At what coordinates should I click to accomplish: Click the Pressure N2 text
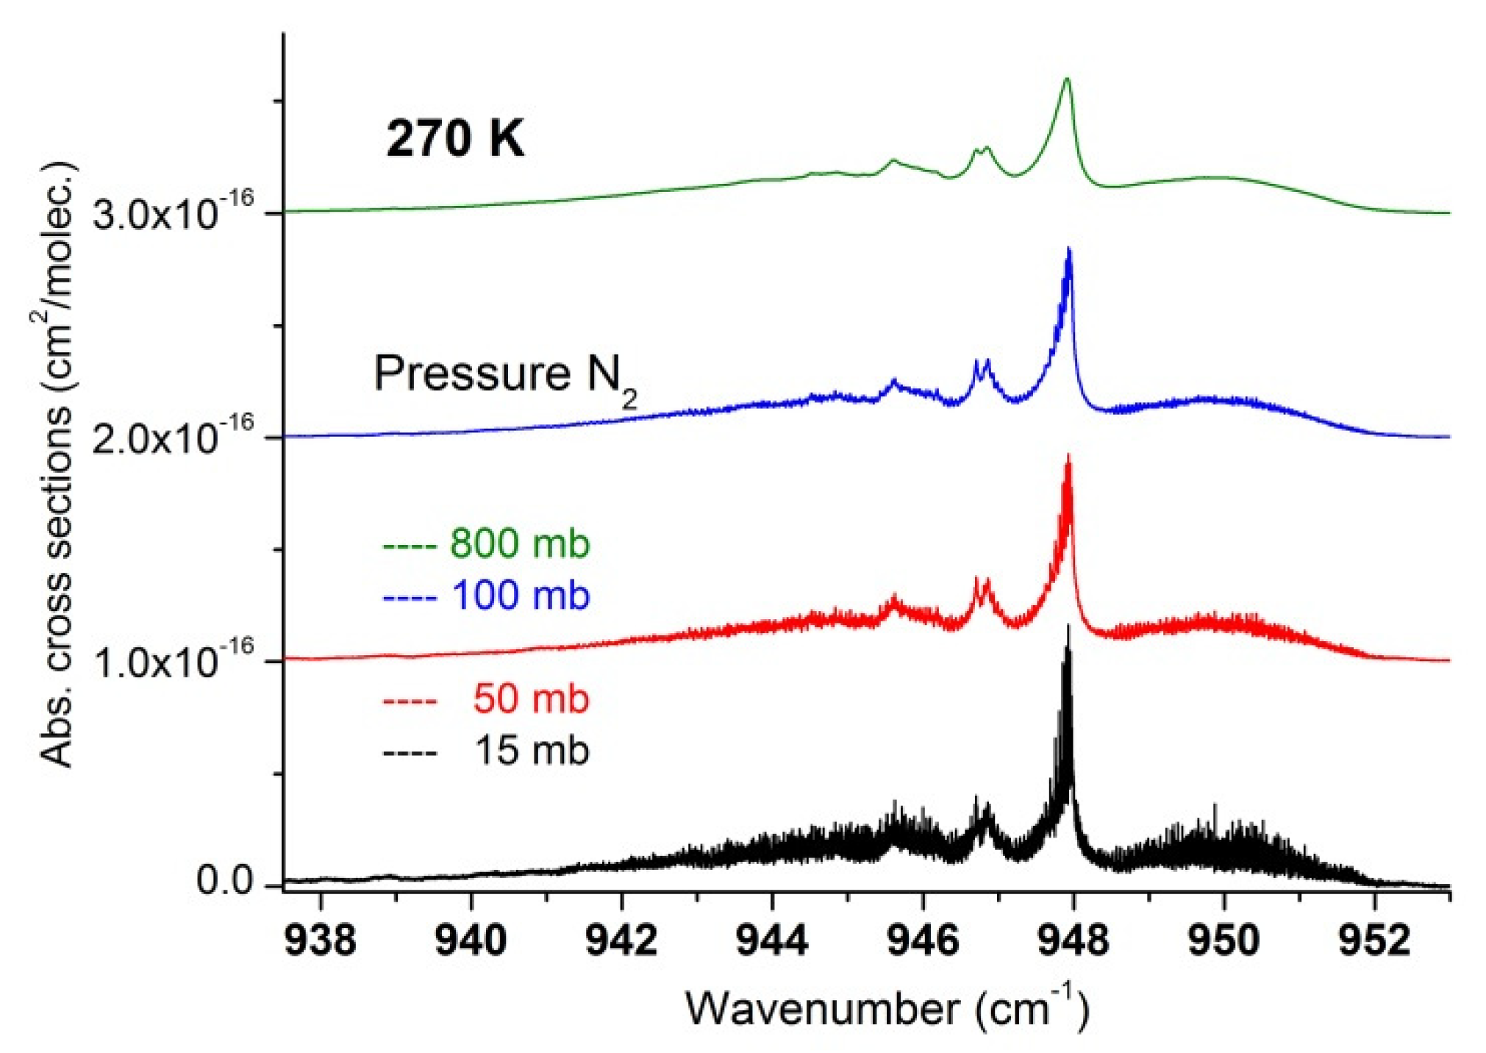click(506, 375)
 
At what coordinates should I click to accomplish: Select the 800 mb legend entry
click(486, 544)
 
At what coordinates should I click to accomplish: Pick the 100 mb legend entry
click(486, 596)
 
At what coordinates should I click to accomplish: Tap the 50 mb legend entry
click(486, 699)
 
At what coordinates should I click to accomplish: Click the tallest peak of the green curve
click(1067, 79)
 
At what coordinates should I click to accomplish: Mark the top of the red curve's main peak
click(1068, 456)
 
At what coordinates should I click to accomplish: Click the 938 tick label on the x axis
click(321, 941)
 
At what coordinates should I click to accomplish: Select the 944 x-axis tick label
click(772, 941)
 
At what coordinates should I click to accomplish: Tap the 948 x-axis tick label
click(1073, 941)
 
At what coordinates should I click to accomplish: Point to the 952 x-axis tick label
click(1374, 941)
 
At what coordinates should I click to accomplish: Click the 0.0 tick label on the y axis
click(225, 882)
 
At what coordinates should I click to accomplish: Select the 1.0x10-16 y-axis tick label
click(174, 659)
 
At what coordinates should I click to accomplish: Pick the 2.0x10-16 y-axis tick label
click(174, 435)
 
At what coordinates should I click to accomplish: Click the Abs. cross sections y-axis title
click(56, 463)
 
